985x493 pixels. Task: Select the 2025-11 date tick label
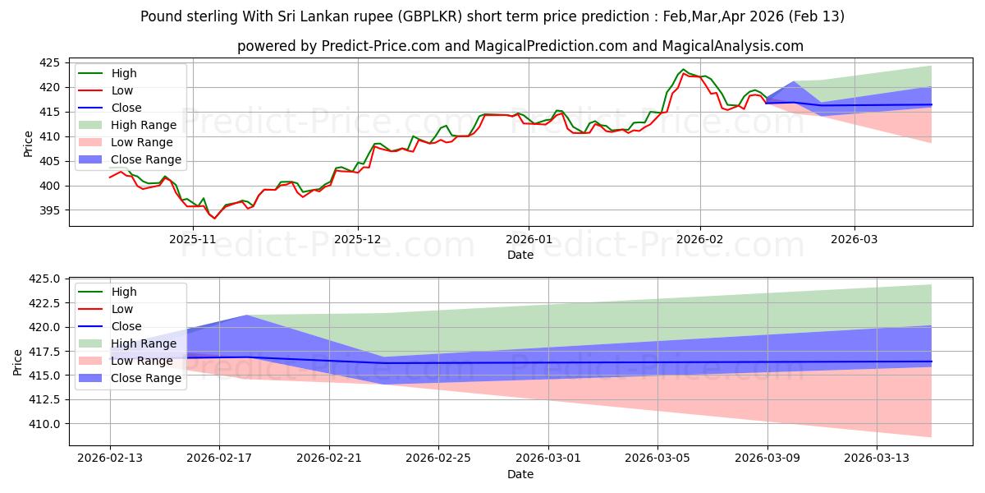(193, 238)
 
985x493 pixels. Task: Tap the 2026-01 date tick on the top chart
(529, 238)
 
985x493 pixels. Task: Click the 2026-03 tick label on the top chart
(854, 238)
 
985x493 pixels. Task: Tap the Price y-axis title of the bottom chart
(17, 362)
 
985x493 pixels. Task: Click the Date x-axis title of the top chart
(520, 255)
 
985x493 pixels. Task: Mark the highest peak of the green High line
(684, 70)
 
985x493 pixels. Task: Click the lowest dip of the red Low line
(214, 219)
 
